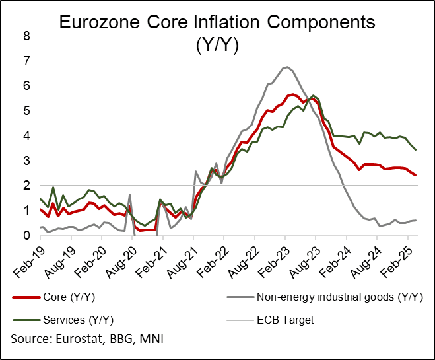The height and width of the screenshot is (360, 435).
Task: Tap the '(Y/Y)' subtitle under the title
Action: point(217,47)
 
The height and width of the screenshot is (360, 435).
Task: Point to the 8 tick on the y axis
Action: point(26,36)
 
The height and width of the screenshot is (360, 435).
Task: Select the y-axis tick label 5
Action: point(26,111)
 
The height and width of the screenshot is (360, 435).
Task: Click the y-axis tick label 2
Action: point(26,186)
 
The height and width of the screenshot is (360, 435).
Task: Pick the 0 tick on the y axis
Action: point(26,236)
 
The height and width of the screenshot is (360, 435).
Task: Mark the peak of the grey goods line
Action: point(285,67)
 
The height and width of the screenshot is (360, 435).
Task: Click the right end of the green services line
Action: point(415,150)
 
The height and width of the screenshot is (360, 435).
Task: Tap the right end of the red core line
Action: point(415,175)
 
